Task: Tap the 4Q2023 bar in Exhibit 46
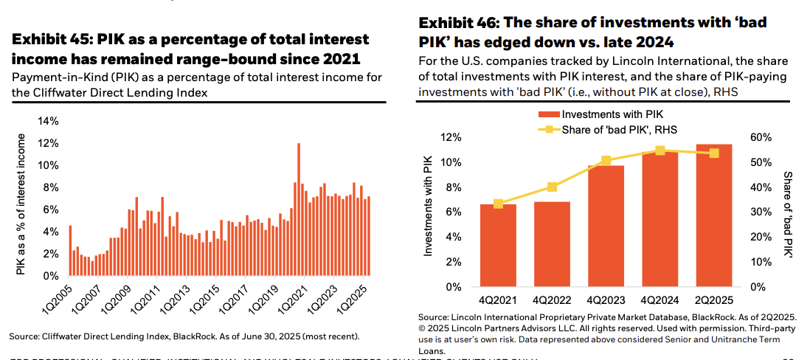click(606, 226)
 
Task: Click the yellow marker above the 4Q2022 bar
click(553, 187)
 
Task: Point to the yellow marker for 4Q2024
click(660, 150)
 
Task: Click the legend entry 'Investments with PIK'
click(605, 114)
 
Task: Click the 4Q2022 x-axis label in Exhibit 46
click(553, 301)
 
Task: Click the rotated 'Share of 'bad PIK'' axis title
click(787, 213)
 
